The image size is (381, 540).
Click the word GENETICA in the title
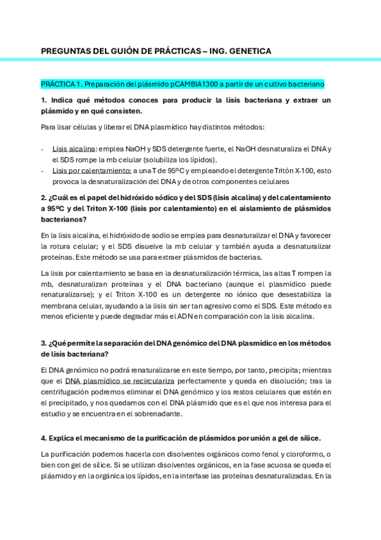click(x=251, y=51)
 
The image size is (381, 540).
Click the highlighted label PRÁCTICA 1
click(x=62, y=84)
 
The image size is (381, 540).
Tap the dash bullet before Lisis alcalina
click(x=42, y=148)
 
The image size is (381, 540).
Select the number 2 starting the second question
click(x=43, y=197)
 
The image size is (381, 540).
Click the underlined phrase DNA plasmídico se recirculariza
click(x=120, y=381)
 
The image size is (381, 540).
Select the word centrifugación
click(x=69, y=392)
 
